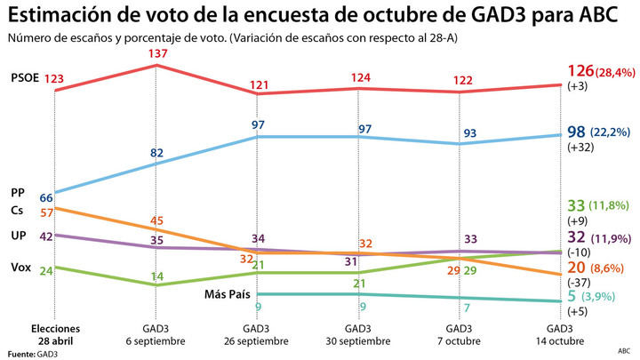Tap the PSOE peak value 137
click(x=157, y=55)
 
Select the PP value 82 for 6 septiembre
click(x=156, y=153)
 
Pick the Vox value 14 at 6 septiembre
click(x=156, y=276)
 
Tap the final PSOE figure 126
click(x=582, y=70)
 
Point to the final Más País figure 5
click(x=572, y=296)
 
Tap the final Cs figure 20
click(x=576, y=266)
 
